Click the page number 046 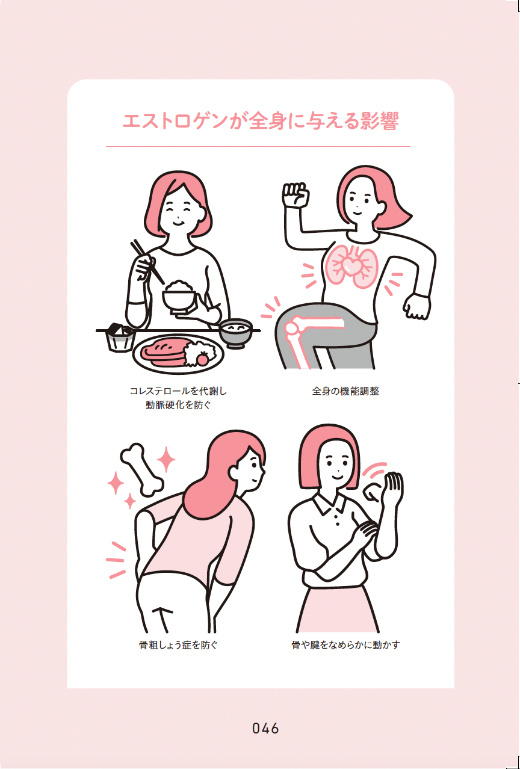click(265, 728)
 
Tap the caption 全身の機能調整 click(345, 391)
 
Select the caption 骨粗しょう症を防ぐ click(179, 644)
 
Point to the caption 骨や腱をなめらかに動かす click(345, 644)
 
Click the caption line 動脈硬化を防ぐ click(178, 405)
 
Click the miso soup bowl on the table click(235, 332)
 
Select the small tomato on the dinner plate click(202, 359)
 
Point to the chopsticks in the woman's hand click(147, 262)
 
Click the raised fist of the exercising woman click(296, 194)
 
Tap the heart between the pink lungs click(351, 265)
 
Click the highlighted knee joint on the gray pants click(292, 328)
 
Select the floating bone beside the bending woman click(141, 469)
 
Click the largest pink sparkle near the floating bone click(166, 459)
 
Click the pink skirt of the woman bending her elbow click(337, 610)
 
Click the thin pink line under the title click(258, 147)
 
